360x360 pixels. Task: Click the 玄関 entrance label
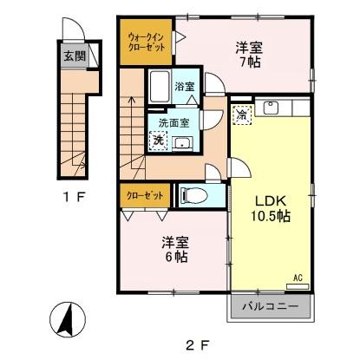73,57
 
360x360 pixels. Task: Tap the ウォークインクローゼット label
146,43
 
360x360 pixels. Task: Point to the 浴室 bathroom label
184,87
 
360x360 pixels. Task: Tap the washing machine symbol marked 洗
158,139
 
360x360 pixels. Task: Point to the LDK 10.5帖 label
269,206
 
